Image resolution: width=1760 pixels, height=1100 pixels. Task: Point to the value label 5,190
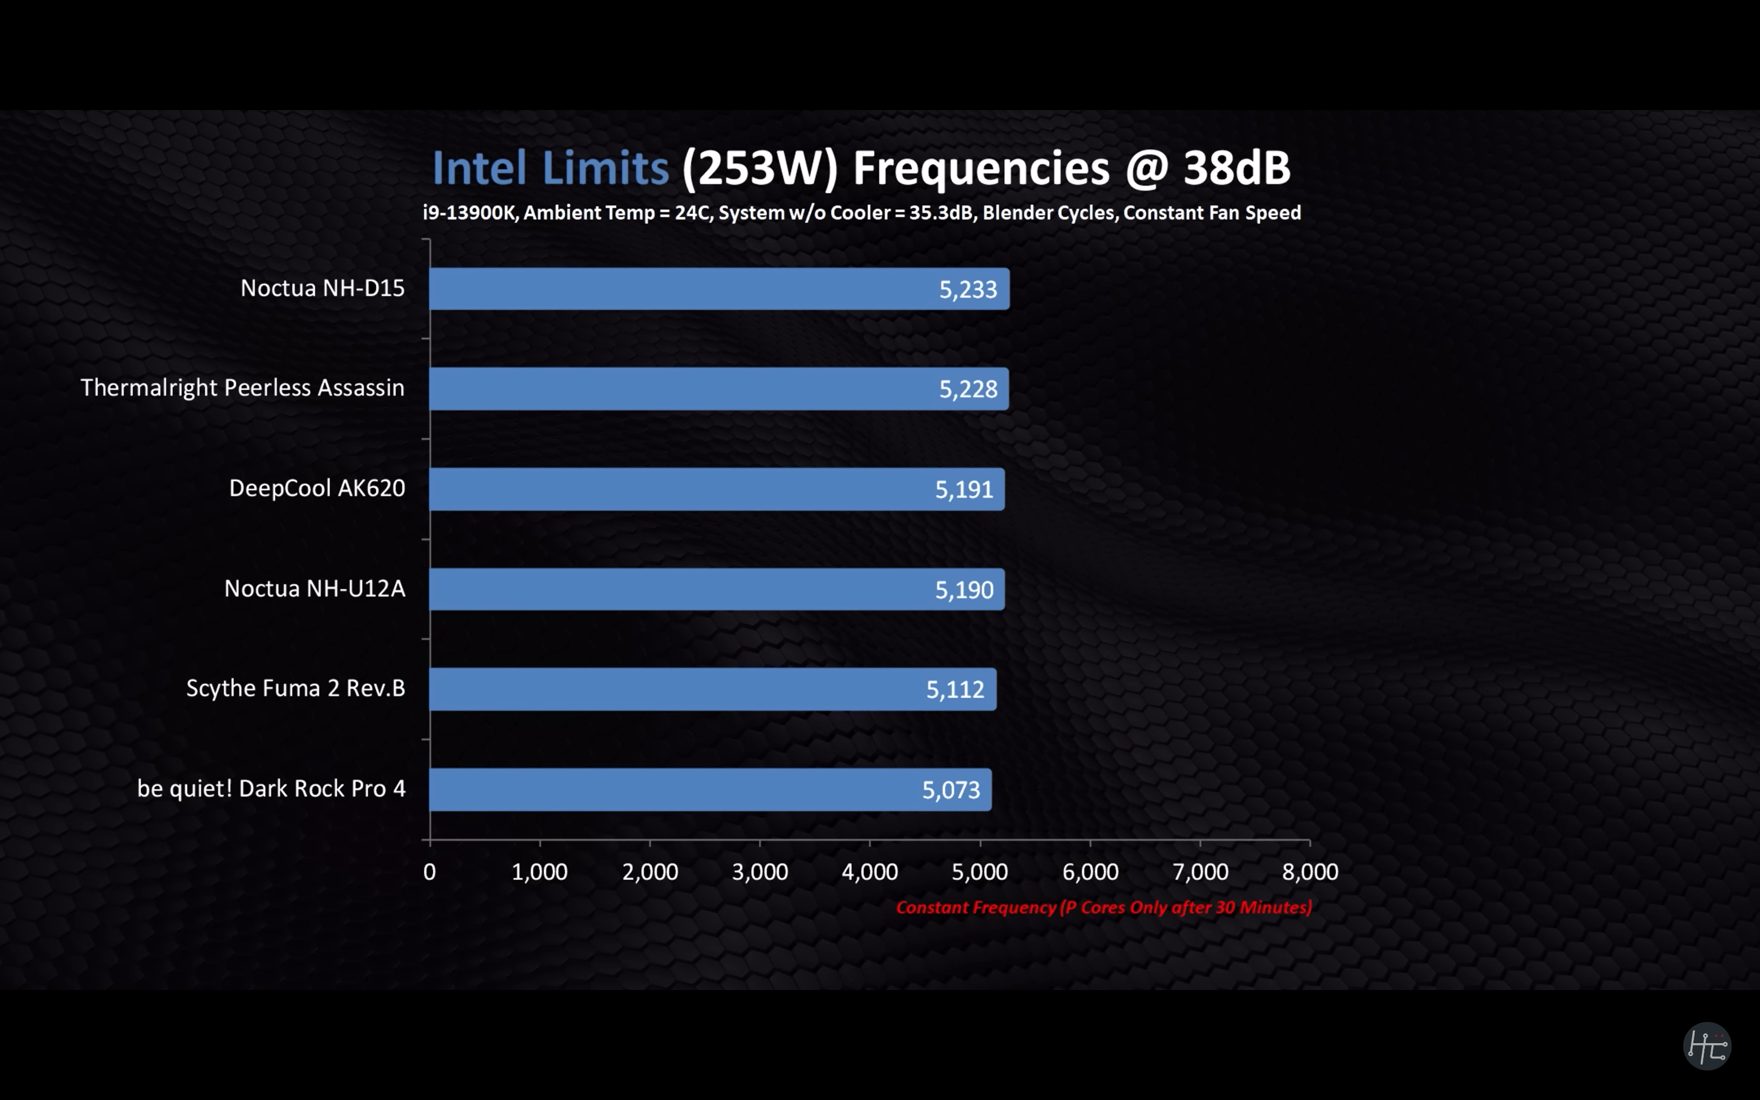coord(964,589)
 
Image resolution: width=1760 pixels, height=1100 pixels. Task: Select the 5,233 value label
coord(967,290)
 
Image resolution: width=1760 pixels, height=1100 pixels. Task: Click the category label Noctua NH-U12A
coord(314,588)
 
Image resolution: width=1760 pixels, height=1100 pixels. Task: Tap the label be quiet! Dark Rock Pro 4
coord(271,788)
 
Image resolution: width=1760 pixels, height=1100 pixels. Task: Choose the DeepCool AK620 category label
coord(317,488)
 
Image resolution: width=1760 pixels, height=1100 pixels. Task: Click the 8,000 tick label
coord(1310,871)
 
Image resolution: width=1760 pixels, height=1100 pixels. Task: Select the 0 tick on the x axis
coord(430,871)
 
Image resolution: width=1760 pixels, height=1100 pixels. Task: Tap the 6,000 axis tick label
coord(1090,871)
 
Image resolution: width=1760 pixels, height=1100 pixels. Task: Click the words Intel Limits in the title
coord(551,168)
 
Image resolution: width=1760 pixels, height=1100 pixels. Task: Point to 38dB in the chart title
coord(1236,168)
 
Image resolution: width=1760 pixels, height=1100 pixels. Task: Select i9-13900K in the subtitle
coord(469,213)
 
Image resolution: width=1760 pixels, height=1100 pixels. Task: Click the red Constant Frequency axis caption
coord(1103,908)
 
